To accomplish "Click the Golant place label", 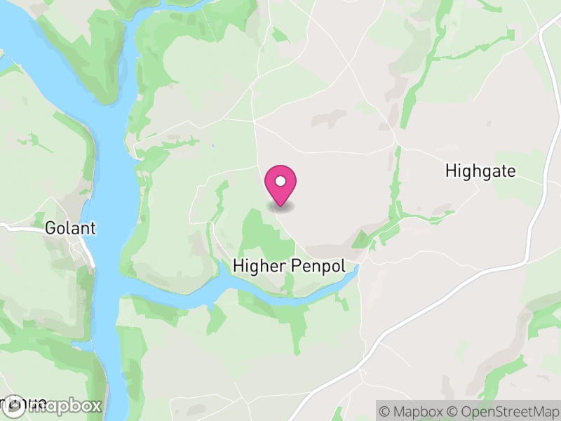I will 70,228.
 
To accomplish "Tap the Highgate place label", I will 480,171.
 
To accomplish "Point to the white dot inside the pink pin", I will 280,181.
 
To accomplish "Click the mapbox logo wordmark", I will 69,406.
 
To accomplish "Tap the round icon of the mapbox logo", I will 15,406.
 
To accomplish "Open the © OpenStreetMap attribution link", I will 503,410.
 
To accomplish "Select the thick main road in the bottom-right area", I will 449,295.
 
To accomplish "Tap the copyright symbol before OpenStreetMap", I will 455,410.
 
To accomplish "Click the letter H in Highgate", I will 450,171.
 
